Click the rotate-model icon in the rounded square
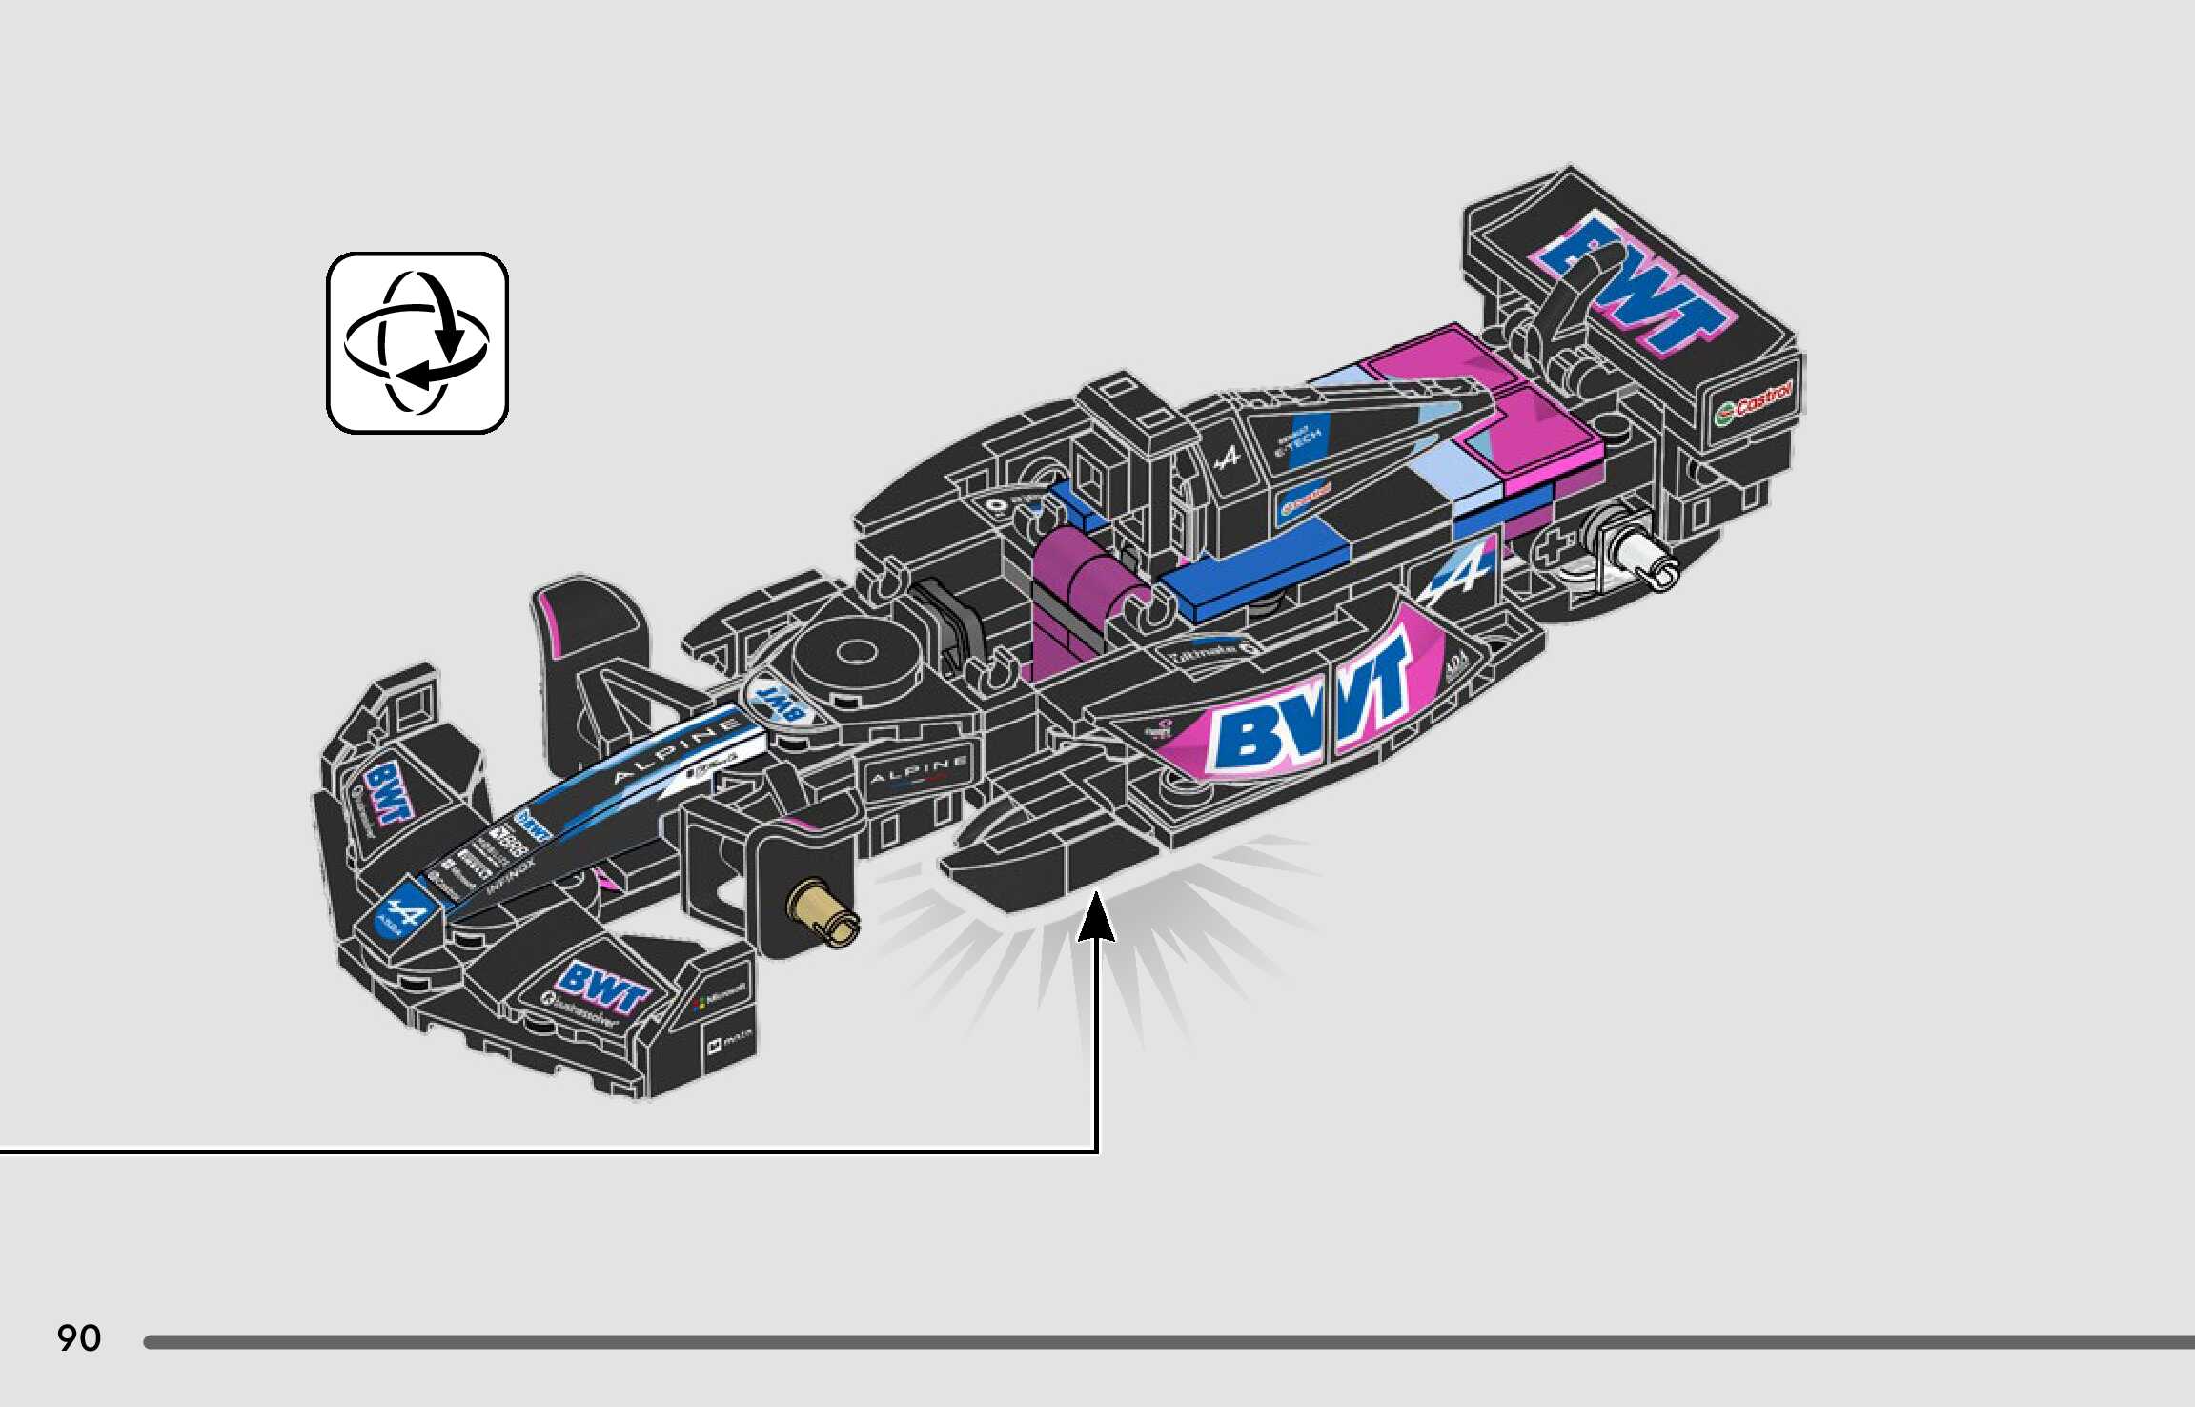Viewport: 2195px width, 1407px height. [417, 343]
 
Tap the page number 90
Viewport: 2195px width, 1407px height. [79, 1338]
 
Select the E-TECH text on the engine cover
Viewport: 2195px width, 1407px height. [1298, 441]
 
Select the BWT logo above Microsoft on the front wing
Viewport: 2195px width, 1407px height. [600, 989]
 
